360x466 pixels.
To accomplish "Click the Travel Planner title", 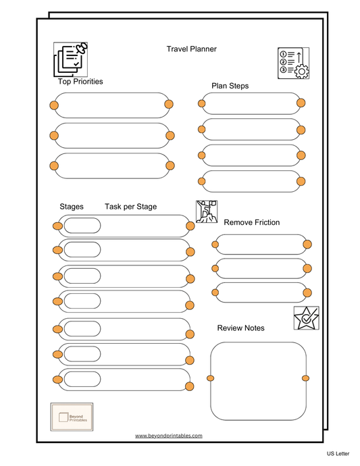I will (191, 49).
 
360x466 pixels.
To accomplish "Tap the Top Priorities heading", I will (80, 82).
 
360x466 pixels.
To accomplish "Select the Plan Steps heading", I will (230, 86).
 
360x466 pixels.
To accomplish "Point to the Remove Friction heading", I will (251, 222).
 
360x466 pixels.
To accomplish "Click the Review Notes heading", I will (240, 328).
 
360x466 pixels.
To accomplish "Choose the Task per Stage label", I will (130, 207).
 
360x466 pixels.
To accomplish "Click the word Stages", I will (72, 207).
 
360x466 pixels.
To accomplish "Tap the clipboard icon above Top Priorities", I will (71, 59).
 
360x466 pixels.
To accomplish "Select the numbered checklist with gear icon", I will (293, 63).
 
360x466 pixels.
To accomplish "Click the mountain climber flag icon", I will (206, 211).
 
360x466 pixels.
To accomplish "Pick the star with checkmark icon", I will (306, 318).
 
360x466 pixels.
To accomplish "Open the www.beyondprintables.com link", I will (169, 436).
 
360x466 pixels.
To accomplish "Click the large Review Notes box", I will (258, 381).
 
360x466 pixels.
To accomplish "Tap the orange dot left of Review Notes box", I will (211, 378).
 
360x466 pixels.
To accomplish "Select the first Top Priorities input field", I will (111, 105).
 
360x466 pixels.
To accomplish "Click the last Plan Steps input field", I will (251, 181).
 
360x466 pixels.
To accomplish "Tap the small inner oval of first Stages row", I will (82, 226).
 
